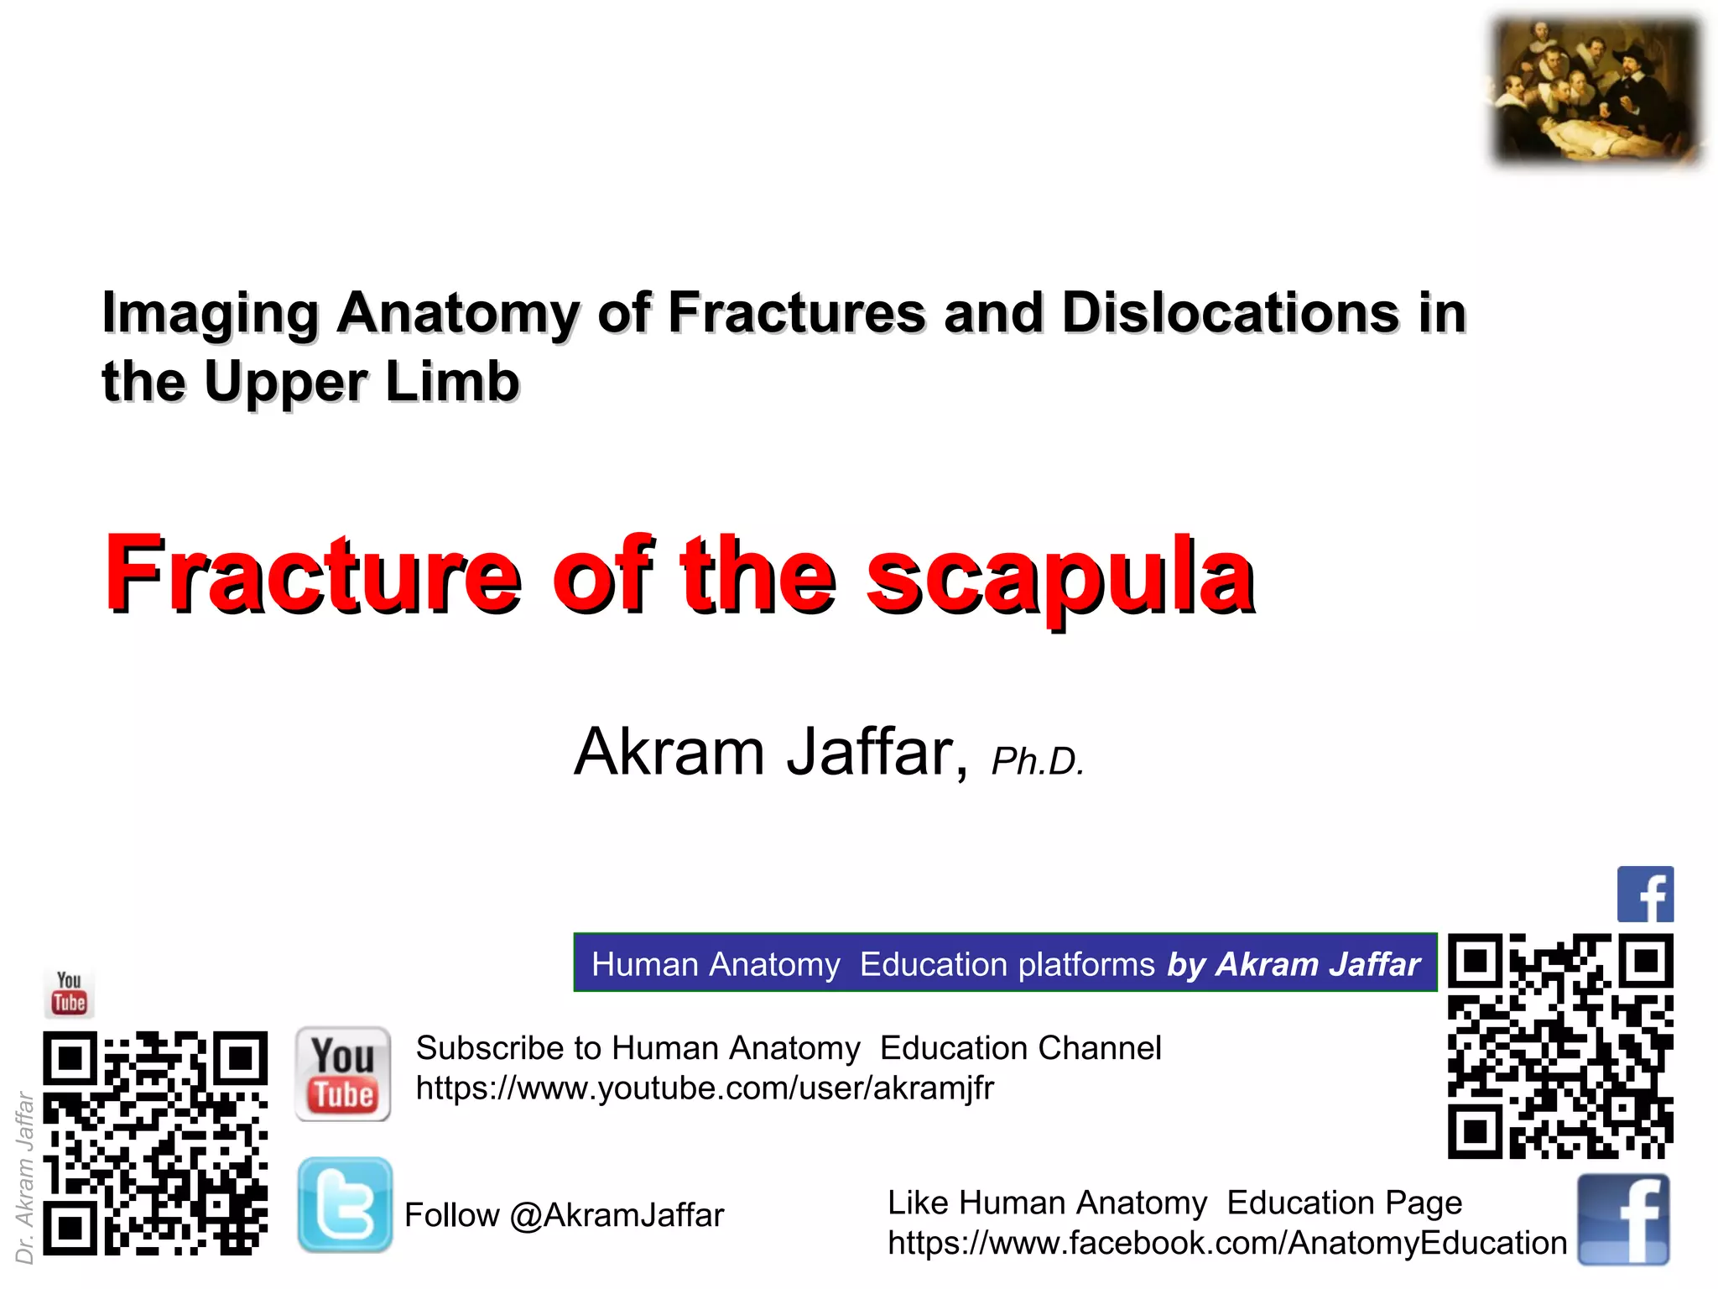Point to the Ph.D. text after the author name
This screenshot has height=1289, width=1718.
pos(1037,761)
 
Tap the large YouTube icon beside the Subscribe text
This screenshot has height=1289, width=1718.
pos(343,1074)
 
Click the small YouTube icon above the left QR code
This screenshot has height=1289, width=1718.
pos(70,993)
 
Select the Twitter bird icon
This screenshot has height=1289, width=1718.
pos(345,1204)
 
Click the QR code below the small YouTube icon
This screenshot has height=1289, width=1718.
pos(155,1143)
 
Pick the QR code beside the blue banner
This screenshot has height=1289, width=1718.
pos(1560,1046)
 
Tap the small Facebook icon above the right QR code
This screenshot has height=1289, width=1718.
pos(1645,895)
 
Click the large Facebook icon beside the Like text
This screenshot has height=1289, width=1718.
pos(1623,1219)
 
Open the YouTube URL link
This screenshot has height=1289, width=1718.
pos(705,1088)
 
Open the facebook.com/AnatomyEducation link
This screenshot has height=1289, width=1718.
pos(1227,1243)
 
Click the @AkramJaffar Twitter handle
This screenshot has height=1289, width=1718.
pos(617,1215)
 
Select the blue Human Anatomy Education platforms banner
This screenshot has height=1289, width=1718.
pos(1005,963)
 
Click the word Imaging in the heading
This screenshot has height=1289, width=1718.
pos(210,313)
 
